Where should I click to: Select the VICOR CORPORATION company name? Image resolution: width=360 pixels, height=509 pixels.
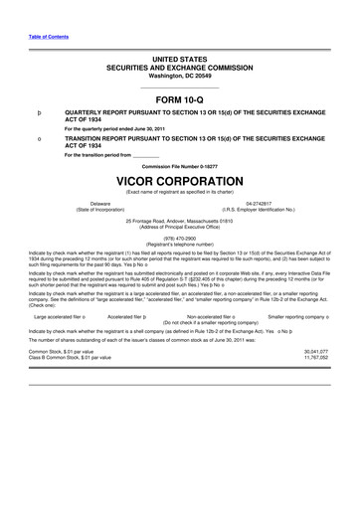click(180, 183)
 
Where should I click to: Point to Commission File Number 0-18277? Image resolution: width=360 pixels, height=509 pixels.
click(180, 165)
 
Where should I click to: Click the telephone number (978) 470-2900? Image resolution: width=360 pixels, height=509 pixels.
click(180, 238)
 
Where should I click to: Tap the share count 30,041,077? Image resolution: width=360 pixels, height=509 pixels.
click(315, 351)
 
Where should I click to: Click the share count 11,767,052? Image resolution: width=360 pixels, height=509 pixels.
click(315, 358)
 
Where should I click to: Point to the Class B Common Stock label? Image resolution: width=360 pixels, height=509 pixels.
click(66, 358)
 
